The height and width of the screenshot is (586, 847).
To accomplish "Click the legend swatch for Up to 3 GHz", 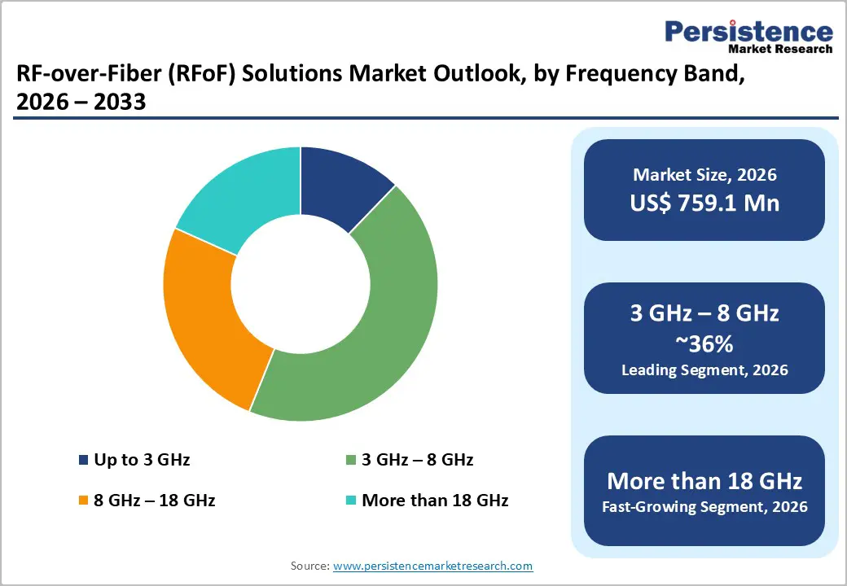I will click(x=83, y=461).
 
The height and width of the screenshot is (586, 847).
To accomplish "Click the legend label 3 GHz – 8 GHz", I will click(x=417, y=460).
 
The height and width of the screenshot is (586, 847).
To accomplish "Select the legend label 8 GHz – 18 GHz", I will click(x=155, y=501).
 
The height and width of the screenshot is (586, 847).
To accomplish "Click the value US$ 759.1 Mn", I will click(x=704, y=203).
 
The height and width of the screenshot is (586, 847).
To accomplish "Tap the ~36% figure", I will click(x=704, y=344).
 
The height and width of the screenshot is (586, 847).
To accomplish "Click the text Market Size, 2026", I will click(x=704, y=175).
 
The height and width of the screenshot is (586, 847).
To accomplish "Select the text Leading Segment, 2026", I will click(x=704, y=370).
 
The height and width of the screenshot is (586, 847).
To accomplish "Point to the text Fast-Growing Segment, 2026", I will click(x=704, y=507).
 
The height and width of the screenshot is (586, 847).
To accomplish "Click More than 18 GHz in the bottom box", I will click(x=704, y=480).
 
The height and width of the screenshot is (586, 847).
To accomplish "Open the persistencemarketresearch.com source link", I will click(x=432, y=566).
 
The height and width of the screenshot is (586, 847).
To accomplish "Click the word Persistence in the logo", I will click(x=749, y=32).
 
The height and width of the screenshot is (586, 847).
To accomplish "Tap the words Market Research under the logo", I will click(x=780, y=50).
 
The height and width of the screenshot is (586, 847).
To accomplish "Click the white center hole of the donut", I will click(x=301, y=284).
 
